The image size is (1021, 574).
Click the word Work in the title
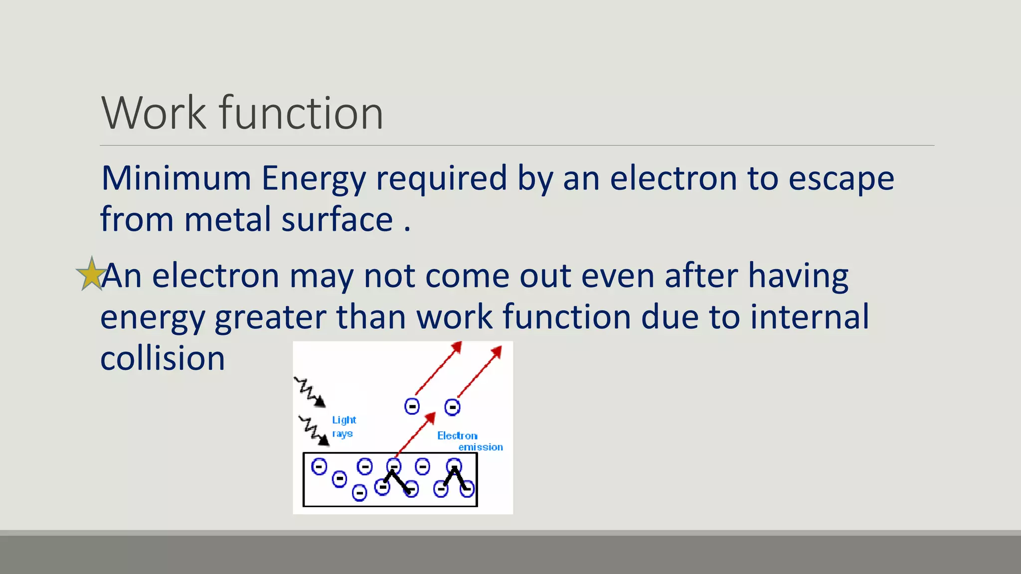[154, 114]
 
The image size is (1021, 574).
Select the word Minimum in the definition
[176, 178]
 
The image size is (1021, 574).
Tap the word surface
[337, 220]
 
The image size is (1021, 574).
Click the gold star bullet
[91, 274]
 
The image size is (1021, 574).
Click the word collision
[163, 358]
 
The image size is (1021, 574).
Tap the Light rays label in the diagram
[344, 427]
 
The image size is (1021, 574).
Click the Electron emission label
[469, 441]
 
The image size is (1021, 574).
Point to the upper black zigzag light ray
[309, 392]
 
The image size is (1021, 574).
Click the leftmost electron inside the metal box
[319, 467]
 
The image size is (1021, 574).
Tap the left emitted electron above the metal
[412, 407]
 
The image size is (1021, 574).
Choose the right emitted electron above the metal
[452, 407]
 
